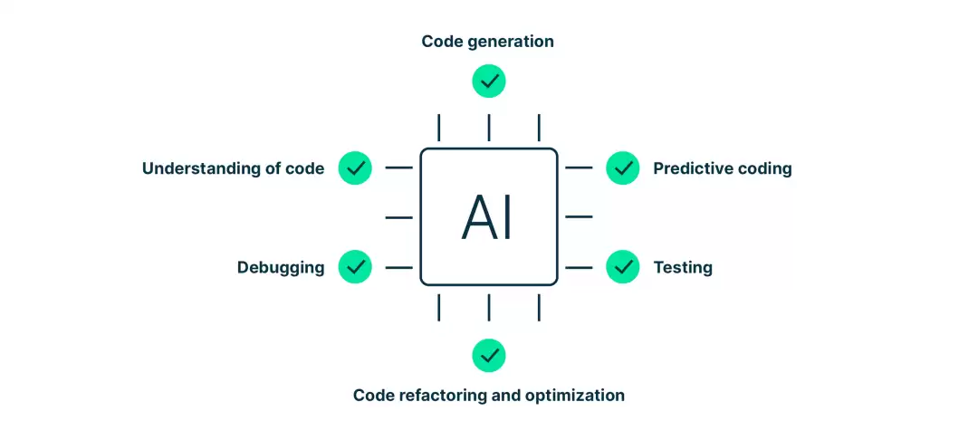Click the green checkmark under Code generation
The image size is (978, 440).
[x=489, y=81]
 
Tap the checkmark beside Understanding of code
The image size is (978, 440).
[x=355, y=167]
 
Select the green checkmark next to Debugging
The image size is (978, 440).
[x=355, y=267]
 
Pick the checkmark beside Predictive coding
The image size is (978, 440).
[x=622, y=167]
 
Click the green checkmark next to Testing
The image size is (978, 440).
[x=622, y=267]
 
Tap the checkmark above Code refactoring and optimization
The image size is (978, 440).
[x=489, y=355]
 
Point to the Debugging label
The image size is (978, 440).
[x=281, y=268]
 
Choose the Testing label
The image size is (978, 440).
[x=683, y=268]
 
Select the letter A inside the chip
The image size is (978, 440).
[x=478, y=217]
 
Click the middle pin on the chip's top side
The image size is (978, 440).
[x=489, y=128]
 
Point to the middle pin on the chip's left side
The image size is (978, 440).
[x=399, y=217]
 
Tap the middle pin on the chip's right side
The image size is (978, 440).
[x=579, y=217]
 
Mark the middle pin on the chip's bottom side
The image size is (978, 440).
[x=489, y=307]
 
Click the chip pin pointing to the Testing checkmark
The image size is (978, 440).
[x=579, y=267]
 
